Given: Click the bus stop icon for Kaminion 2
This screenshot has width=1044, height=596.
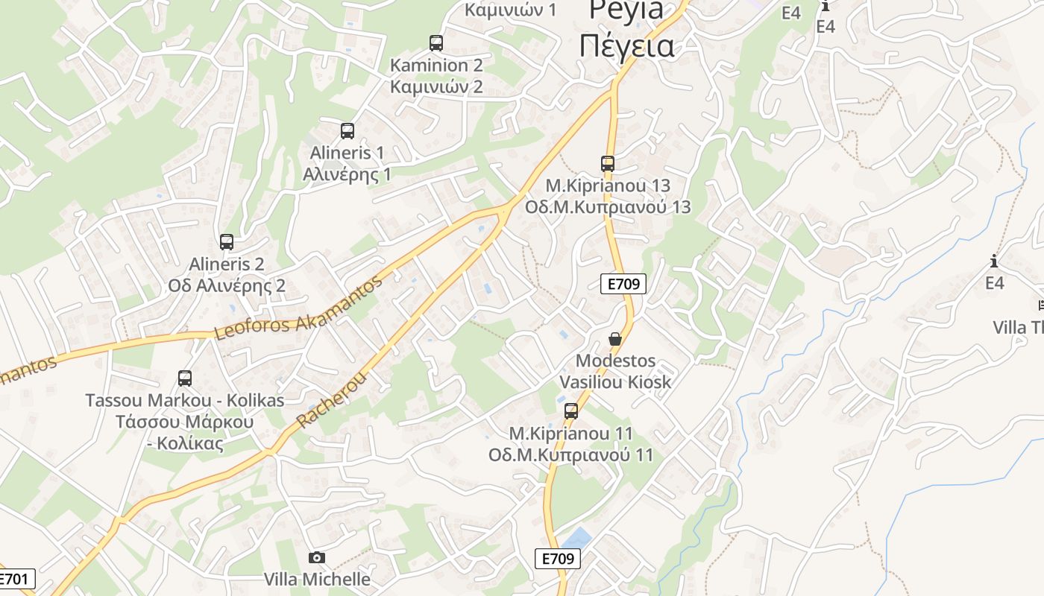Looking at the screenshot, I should (436, 43).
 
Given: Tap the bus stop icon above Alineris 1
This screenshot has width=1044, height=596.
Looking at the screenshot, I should (348, 131).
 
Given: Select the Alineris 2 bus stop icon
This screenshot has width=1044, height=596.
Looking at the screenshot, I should (227, 242).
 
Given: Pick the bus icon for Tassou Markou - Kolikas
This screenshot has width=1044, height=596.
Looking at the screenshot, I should (185, 378).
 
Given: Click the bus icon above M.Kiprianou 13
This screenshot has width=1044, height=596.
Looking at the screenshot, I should (608, 163).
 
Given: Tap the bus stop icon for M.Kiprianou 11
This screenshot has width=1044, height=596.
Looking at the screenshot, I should (571, 410).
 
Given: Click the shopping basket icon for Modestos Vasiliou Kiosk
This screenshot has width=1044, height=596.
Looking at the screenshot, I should (615, 339).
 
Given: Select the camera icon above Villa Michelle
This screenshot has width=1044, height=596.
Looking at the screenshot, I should (317, 557).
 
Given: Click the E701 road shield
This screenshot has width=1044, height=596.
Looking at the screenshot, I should (15, 579).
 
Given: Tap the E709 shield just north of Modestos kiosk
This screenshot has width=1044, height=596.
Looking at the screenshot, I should (623, 283).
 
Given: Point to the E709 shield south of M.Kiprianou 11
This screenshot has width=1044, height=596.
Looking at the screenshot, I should (558, 559).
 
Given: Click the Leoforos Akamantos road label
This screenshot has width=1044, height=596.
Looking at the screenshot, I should (298, 308).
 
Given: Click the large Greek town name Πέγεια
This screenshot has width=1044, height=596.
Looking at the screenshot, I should (626, 46).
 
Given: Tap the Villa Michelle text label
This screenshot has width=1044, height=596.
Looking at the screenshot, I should (317, 579).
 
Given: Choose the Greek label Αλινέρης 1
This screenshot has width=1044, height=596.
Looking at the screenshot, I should (348, 174).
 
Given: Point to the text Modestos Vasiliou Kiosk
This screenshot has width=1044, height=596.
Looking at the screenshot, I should (615, 372).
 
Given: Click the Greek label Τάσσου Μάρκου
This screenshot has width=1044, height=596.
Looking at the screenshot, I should (185, 422).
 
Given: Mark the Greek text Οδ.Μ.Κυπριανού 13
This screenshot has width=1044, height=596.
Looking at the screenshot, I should (608, 207).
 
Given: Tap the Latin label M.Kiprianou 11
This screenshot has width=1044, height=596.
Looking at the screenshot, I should (571, 434).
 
